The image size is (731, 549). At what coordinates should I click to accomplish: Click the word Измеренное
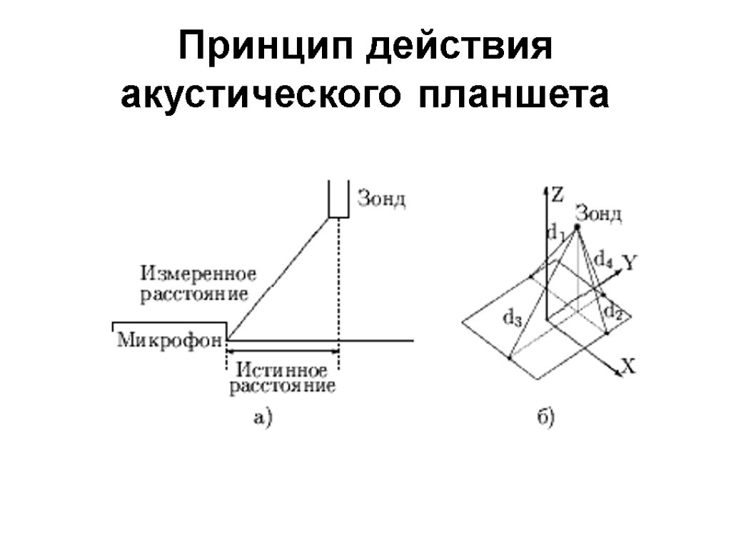(198, 274)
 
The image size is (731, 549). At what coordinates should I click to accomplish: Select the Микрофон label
(169, 341)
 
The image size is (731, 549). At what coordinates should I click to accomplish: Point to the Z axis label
(558, 193)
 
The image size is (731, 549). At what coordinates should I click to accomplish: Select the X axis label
(628, 367)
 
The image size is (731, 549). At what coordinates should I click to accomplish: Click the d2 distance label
(615, 311)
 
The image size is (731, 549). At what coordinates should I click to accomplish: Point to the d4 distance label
(604, 258)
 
